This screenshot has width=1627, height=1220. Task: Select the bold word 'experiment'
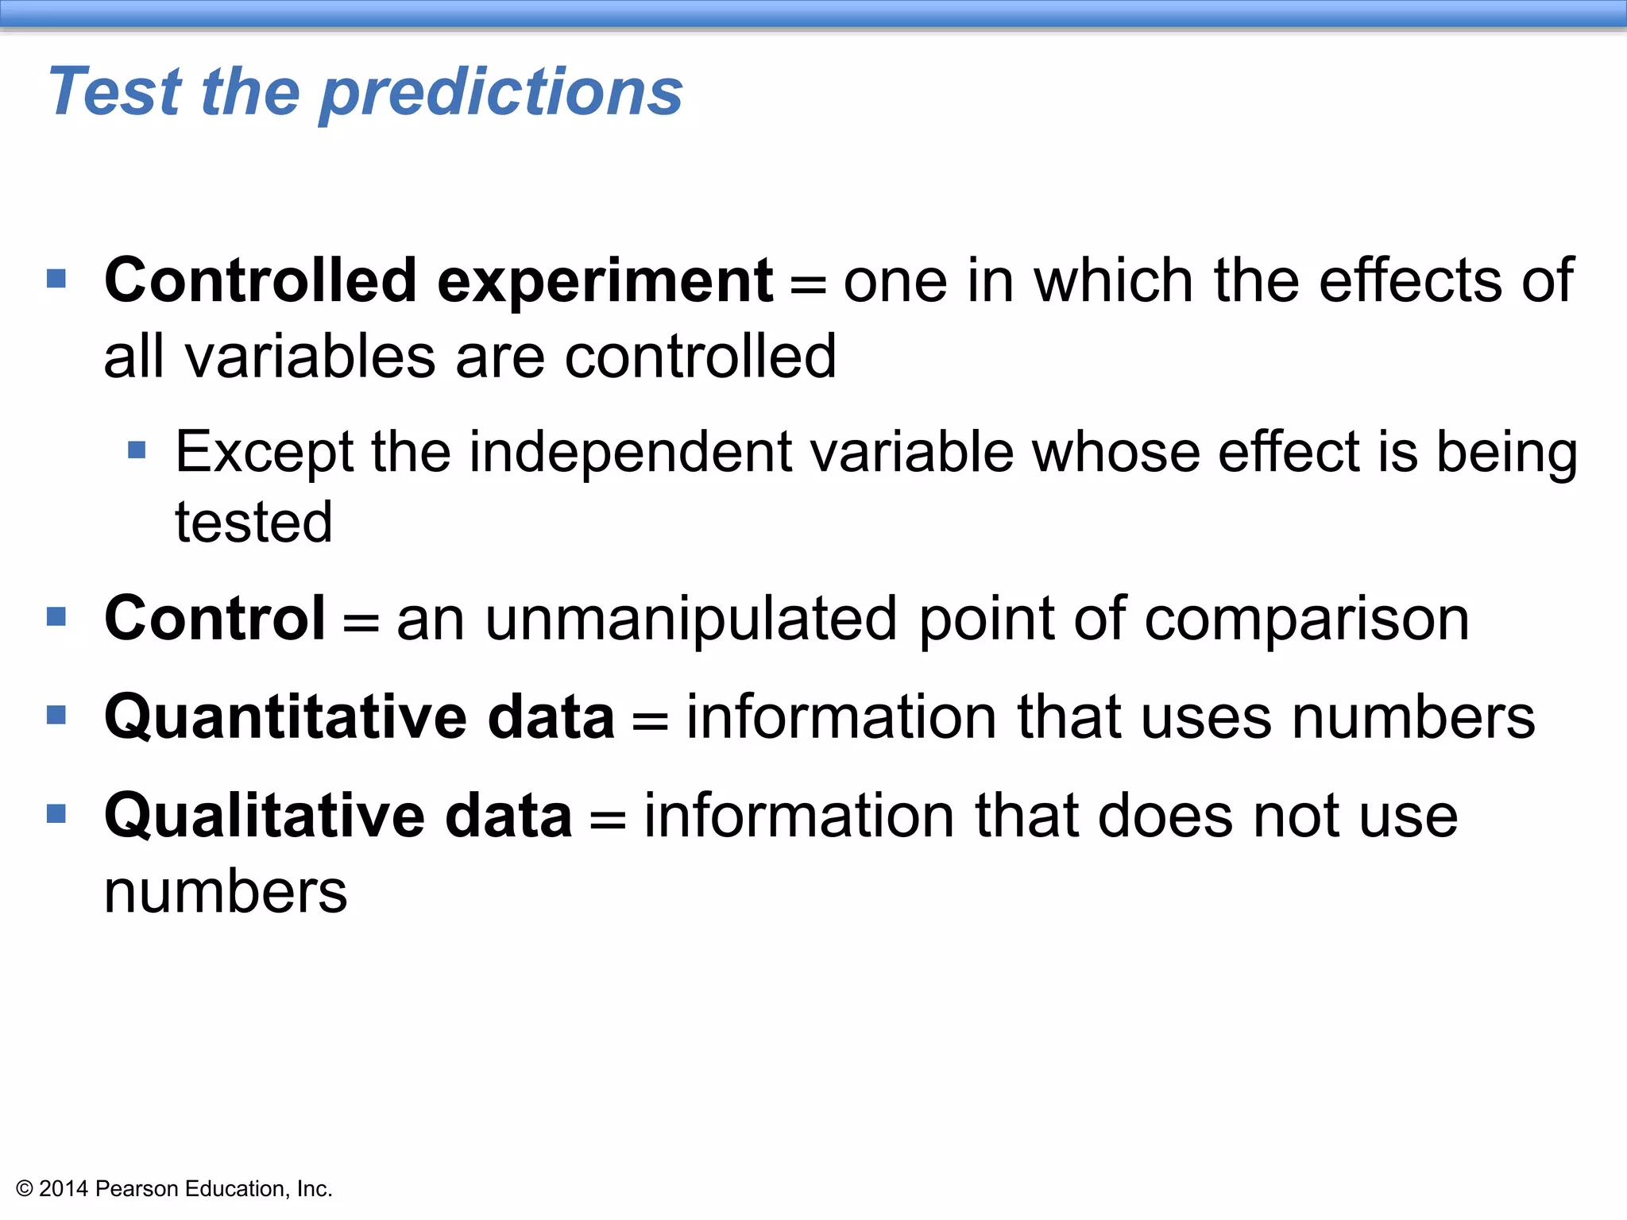pos(605,281)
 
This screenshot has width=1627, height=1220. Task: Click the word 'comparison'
pos(1307,619)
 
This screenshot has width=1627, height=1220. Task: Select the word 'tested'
pos(253,523)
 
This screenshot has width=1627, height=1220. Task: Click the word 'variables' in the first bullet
pos(311,357)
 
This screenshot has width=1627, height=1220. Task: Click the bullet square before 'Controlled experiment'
pos(56,279)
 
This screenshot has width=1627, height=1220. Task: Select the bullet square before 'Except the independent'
pos(137,451)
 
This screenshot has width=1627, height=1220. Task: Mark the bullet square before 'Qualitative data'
pos(56,814)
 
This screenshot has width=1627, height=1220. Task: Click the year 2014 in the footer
pos(63,1189)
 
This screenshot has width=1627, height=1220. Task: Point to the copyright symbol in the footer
pos(25,1189)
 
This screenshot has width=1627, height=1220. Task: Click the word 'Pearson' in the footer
pos(137,1189)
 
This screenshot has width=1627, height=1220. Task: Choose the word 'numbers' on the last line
pos(226,892)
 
